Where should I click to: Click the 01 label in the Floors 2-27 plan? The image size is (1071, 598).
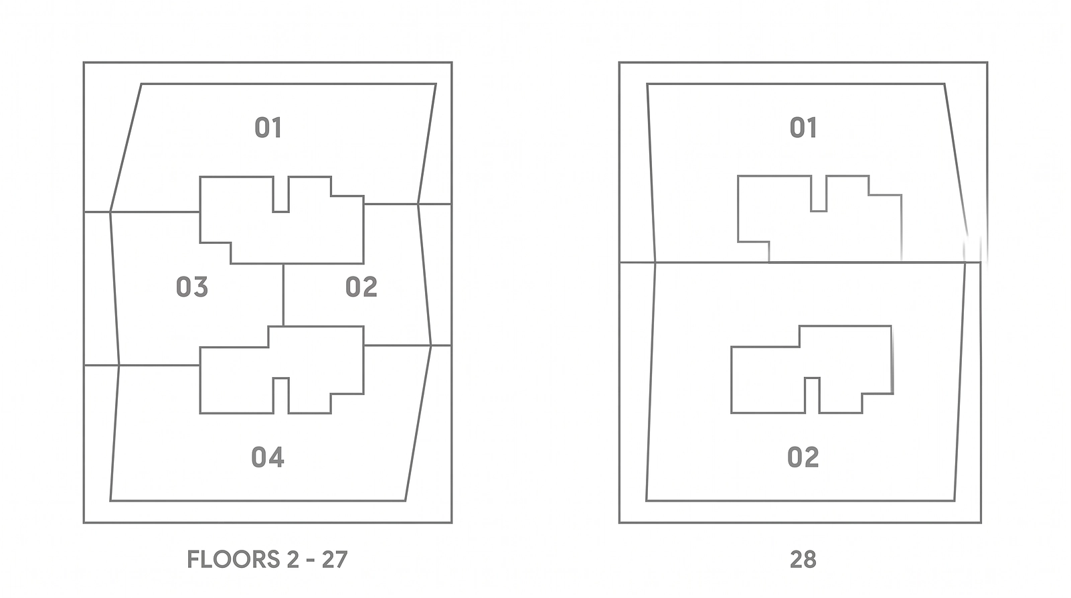click(x=268, y=128)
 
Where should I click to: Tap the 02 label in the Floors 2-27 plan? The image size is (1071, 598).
click(x=361, y=287)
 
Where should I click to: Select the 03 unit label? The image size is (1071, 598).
click(x=191, y=287)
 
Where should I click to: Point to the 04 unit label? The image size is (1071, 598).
click(x=268, y=457)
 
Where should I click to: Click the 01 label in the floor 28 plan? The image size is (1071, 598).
click(x=803, y=128)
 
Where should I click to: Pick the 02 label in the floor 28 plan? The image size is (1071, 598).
click(x=803, y=457)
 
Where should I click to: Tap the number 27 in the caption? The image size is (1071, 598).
click(x=334, y=559)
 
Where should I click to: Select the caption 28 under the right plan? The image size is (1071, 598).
click(x=803, y=559)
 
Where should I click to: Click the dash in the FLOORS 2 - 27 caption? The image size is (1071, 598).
click(x=310, y=560)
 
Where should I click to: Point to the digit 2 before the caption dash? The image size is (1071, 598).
click(x=293, y=559)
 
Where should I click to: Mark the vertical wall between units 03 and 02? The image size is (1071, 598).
click(x=283, y=295)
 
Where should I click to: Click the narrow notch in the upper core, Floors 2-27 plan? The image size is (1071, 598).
click(x=280, y=194)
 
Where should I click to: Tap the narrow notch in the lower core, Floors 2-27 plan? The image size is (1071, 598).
click(x=280, y=396)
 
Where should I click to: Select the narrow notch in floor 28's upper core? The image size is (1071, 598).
click(x=819, y=194)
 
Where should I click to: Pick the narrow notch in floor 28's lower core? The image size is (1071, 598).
click(x=812, y=396)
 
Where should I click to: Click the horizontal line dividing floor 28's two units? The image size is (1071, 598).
click(x=800, y=262)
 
